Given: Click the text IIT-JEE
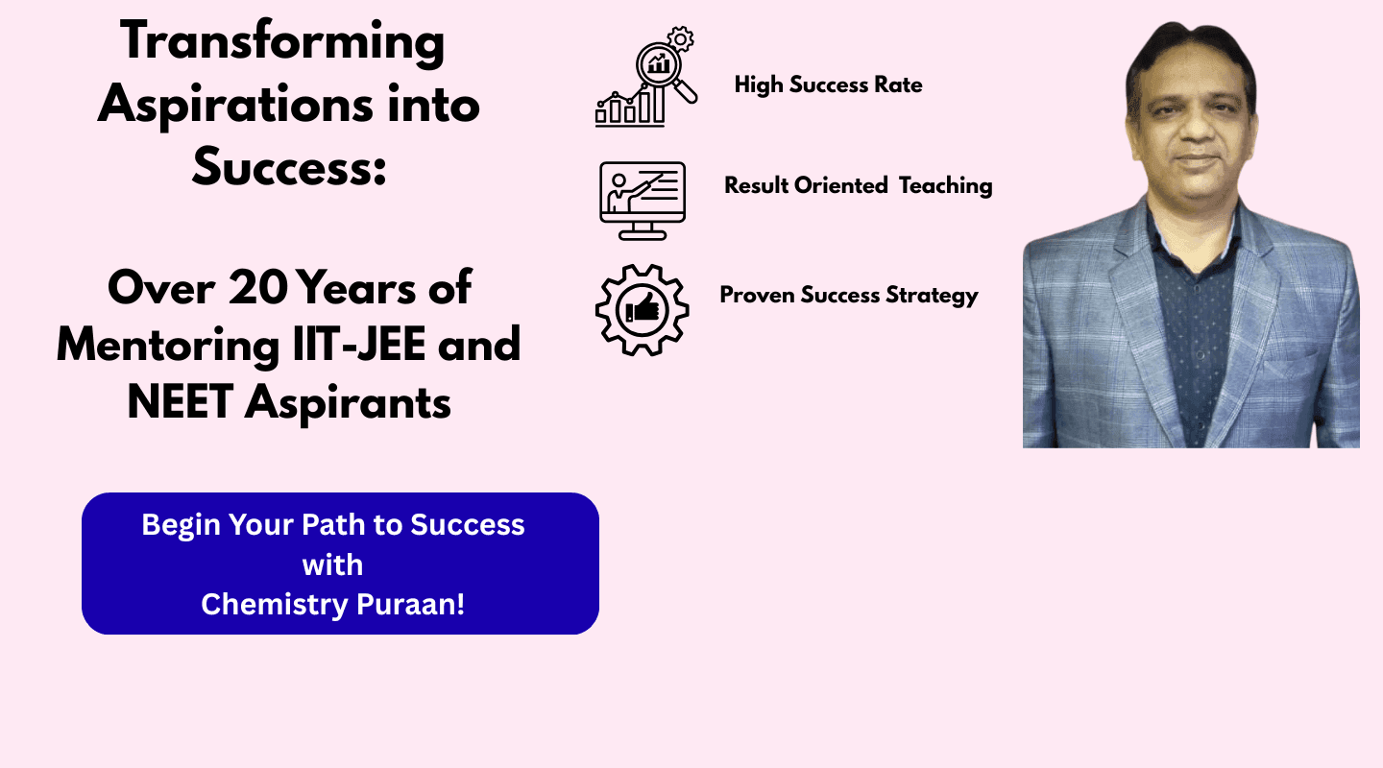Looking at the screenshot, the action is tap(359, 345).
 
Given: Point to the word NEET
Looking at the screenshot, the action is tap(181, 402).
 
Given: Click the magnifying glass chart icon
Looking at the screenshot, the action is tap(646, 77).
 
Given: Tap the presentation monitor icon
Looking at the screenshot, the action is tap(643, 201).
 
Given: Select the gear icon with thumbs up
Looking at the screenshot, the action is tap(643, 310).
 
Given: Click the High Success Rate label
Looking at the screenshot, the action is tap(828, 85).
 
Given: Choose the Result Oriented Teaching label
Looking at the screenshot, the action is tap(859, 185).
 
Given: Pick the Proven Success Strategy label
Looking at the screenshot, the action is tap(849, 295).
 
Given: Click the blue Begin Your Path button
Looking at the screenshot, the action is tap(340, 563).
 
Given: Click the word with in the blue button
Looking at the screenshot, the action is tap(332, 564).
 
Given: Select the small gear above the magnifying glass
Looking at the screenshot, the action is tap(680, 39).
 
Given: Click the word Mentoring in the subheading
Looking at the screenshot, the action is tap(169, 346).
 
